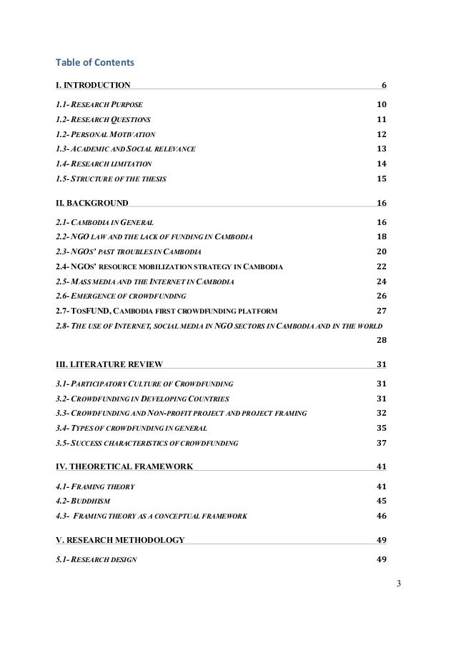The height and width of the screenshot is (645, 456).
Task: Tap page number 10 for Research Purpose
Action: [x=381, y=105]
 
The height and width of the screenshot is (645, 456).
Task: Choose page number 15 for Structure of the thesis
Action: [x=381, y=179]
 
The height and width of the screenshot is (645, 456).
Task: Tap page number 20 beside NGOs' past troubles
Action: [x=381, y=252]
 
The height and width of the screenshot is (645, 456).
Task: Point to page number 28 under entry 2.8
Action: [x=381, y=339]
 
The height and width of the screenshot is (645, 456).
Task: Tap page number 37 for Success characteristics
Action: [x=381, y=443]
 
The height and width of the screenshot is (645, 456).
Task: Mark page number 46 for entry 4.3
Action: [x=381, y=516]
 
